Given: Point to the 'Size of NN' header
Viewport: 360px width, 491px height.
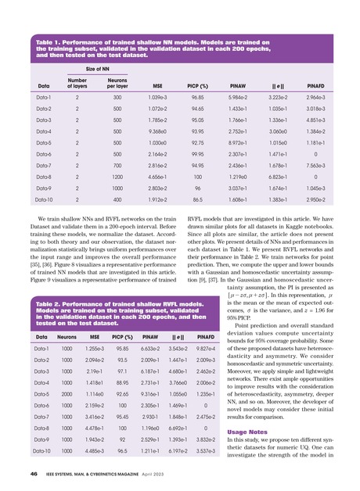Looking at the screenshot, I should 97,69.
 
